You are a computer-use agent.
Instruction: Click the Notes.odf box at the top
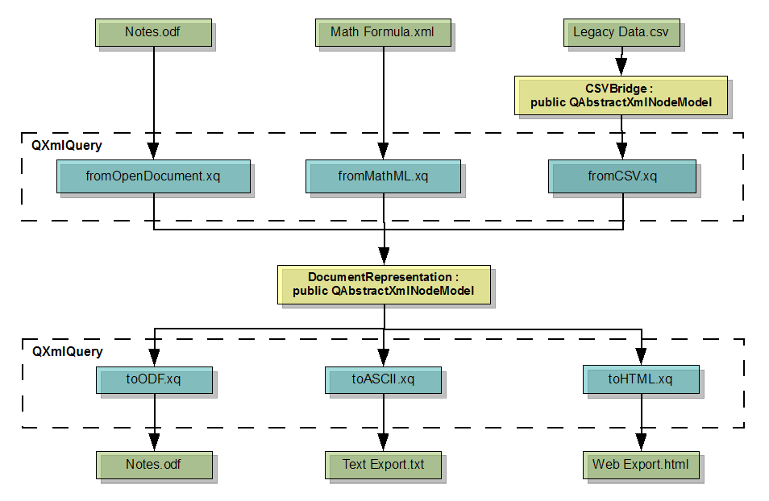tap(154, 33)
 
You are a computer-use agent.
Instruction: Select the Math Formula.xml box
tap(383, 33)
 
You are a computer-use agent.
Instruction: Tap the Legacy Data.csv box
tap(621, 33)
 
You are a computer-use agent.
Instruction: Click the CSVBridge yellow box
tap(621, 95)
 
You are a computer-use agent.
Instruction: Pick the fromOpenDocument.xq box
tap(153, 176)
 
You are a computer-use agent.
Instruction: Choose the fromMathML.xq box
tap(383, 176)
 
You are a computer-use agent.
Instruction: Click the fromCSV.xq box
tap(621, 176)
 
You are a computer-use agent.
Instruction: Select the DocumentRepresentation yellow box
tap(383, 284)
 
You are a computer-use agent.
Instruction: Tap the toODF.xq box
tap(154, 379)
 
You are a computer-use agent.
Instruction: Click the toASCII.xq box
tap(383, 379)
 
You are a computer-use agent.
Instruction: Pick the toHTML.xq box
tap(641, 379)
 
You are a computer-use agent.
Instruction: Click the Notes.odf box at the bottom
tap(154, 465)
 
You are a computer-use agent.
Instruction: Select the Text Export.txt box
tap(383, 465)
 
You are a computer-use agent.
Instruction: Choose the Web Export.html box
tap(641, 465)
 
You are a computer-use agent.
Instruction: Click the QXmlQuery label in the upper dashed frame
tap(66, 146)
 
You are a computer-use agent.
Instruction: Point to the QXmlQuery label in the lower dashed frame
tap(66, 351)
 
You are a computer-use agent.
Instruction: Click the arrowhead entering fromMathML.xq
tap(384, 151)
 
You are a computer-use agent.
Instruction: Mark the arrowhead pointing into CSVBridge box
tap(621, 67)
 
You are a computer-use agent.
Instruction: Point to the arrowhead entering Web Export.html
tap(641, 442)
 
